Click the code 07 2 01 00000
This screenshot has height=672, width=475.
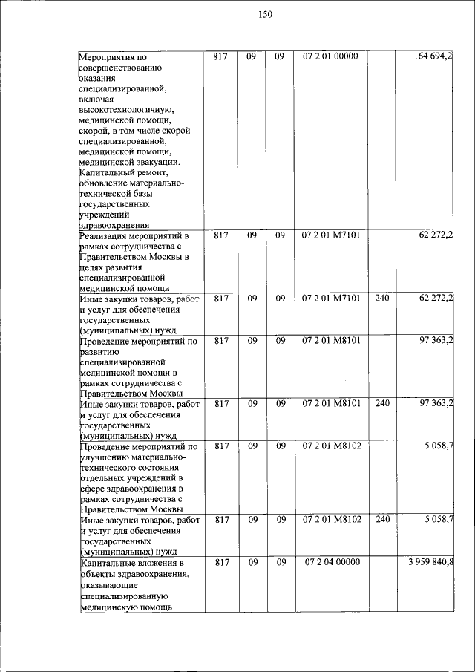330,56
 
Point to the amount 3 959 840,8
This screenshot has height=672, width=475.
430,562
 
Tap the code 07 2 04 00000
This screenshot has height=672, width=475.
331,562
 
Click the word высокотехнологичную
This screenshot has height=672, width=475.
125,110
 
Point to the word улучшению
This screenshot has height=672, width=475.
102,457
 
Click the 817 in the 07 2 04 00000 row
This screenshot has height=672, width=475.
220,562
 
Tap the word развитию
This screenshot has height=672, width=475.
98,352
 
